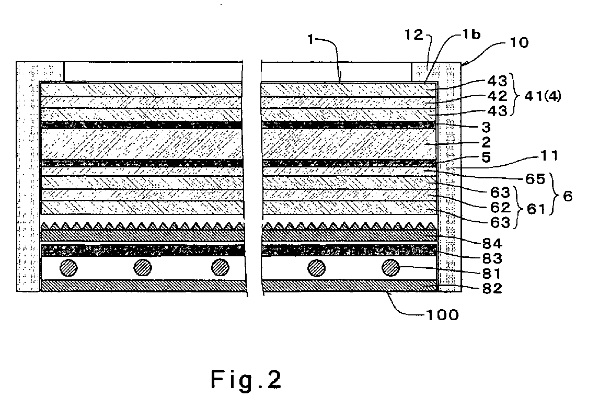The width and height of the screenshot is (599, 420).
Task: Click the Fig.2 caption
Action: pyautogui.click(x=246, y=380)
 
